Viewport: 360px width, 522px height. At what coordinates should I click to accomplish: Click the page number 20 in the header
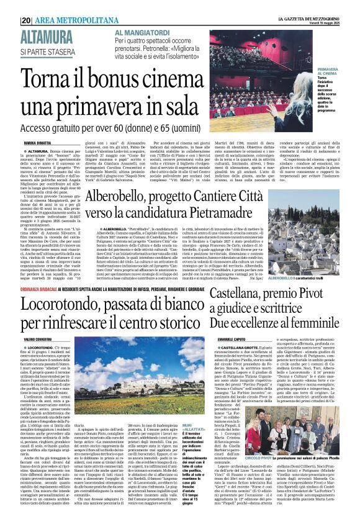click(x=27, y=20)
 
